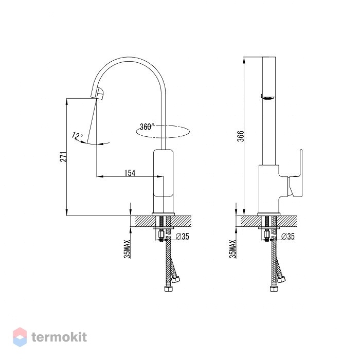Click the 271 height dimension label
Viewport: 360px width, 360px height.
(64, 156)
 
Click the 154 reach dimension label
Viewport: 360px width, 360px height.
(130, 173)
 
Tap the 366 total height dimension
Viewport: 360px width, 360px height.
(240, 136)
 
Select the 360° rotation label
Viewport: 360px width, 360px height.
(147, 127)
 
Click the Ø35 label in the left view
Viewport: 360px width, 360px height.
(183, 236)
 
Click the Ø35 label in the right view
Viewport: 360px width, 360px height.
(287, 236)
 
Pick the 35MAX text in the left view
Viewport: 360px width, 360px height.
(127, 249)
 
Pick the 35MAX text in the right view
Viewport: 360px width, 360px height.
(233, 249)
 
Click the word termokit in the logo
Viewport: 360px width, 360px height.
(59, 337)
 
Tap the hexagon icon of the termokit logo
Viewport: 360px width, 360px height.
(20, 337)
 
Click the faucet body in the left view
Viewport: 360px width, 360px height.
(163, 182)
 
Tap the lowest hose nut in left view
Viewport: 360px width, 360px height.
(169, 289)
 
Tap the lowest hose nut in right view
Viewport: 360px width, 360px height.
(274, 289)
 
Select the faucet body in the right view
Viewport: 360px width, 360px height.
(269, 189)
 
